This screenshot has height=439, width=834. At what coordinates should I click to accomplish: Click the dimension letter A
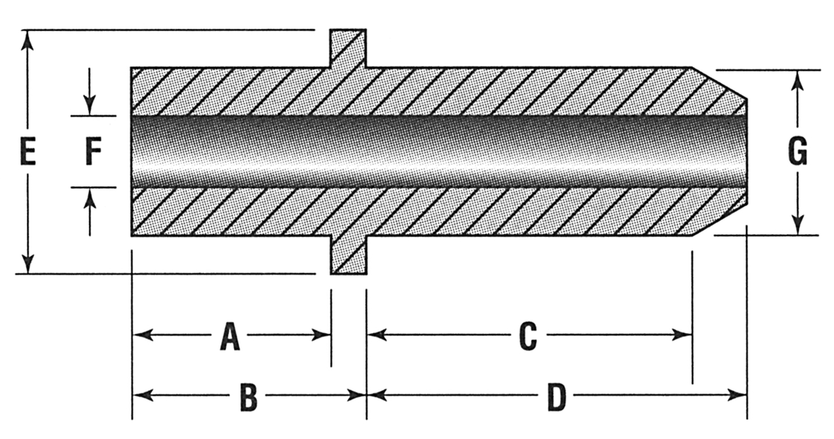229,337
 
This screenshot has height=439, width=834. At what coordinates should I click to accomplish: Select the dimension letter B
248,397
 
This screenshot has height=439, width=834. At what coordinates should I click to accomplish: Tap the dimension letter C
527,337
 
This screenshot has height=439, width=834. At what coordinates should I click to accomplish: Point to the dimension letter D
556,397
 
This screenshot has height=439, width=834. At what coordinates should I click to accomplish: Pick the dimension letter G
798,153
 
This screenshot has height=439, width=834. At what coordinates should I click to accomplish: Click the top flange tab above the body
347,48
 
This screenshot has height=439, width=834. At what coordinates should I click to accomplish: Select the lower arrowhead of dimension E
27,263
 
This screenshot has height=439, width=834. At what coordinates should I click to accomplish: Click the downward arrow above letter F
90,104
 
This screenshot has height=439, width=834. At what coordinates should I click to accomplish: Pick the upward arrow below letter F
90,198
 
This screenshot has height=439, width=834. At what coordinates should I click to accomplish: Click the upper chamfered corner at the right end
719,83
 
